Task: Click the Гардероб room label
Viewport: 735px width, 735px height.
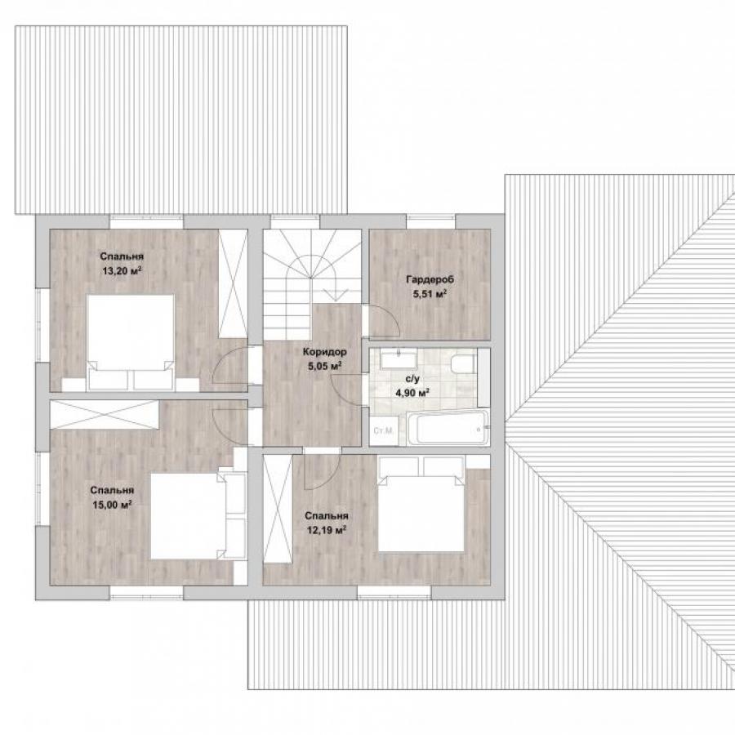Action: coord(430,280)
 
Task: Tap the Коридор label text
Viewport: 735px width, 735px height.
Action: coord(325,351)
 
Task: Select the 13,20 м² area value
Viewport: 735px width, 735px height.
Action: coord(122,270)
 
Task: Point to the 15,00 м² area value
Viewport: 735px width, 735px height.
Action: coord(112,505)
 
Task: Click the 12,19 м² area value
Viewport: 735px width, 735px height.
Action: coord(326,530)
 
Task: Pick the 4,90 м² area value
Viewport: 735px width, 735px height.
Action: coord(412,393)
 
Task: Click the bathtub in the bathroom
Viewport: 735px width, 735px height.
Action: coord(448,428)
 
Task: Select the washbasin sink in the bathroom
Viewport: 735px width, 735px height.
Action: coord(398,360)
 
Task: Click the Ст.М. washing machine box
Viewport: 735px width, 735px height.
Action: coord(384,430)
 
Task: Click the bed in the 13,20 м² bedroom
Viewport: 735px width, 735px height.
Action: coord(131,341)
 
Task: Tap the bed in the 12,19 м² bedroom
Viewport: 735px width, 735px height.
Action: coord(421,505)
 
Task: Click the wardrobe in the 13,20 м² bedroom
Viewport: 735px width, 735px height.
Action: coord(233,283)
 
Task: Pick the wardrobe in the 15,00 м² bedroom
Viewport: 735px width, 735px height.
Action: coord(104,414)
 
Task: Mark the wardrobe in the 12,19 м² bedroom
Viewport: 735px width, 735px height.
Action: coord(278,509)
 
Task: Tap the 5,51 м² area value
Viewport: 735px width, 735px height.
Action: coord(430,294)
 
